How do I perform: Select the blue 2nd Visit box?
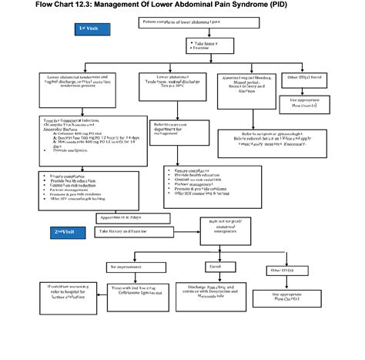click(x=68, y=231)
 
